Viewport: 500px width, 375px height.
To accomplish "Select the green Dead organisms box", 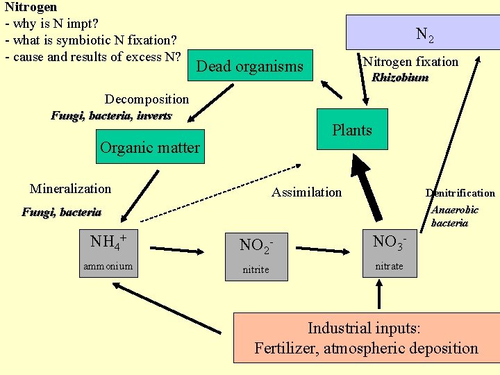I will (x=250, y=67).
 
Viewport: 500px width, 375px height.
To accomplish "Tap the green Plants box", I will (x=352, y=129).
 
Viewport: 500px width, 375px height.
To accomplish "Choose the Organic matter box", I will (x=150, y=147).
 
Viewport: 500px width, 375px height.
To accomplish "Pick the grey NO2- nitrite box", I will (x=256, y=255).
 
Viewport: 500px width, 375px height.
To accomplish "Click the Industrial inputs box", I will (x=366, y=338).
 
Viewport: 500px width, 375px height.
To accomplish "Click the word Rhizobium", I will (x=400, y=78).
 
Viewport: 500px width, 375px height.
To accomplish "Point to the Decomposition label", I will (x=147, y=99).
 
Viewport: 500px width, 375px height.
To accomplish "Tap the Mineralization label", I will (x=70, y=189).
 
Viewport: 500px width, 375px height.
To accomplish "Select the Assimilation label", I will (x=306, y=192).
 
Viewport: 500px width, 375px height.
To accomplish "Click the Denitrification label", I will (x=460, y=193).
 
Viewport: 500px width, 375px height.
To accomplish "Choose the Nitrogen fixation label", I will (x=410, y=62).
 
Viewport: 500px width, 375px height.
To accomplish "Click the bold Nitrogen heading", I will (x=31, y=6).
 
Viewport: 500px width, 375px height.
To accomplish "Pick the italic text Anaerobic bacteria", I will (x=454, y=217).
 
